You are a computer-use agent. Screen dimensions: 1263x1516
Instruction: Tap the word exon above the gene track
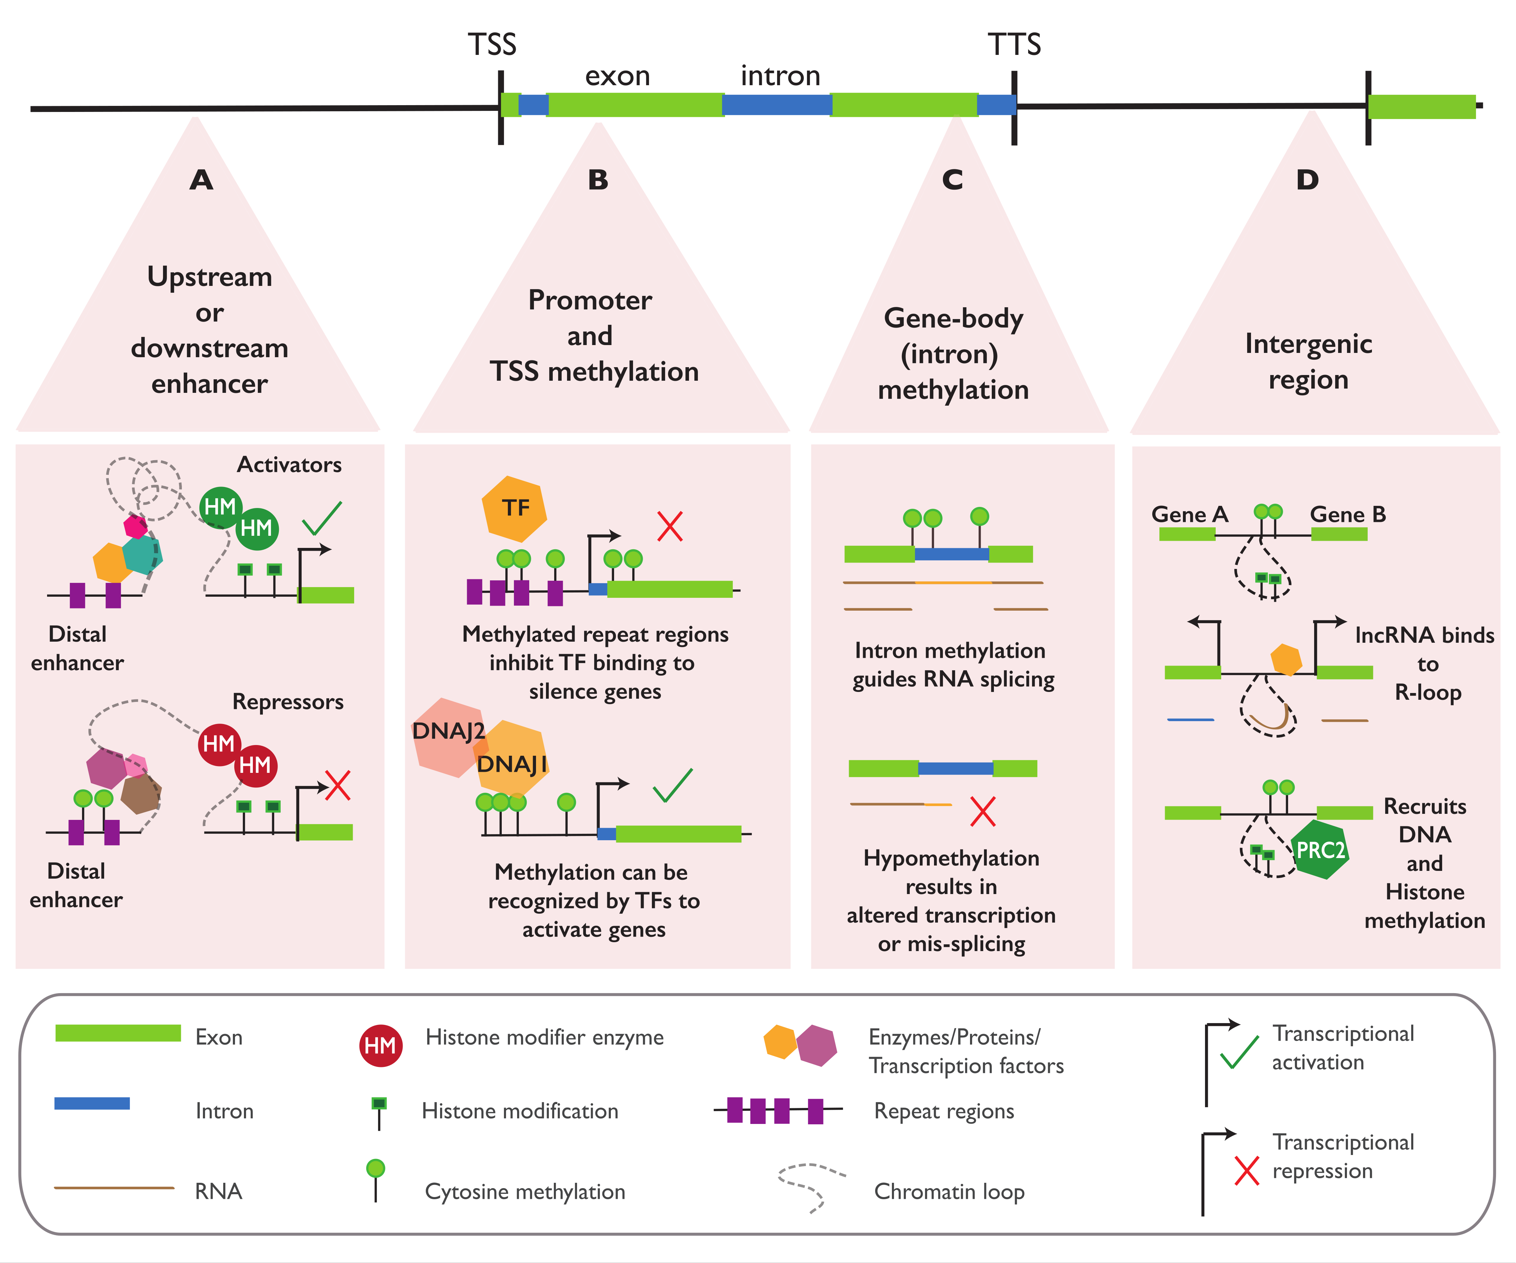coord(617,76)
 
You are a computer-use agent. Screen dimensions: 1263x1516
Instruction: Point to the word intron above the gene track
coord(780,76)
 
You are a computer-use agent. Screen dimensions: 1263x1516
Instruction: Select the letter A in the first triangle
coord(201,180)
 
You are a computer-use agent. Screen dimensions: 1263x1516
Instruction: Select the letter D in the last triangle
coord(1307,180)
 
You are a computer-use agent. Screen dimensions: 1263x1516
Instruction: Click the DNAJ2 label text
coord(448,731)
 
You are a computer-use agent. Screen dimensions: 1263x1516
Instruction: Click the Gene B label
coord(1348,515)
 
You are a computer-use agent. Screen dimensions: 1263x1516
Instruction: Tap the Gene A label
coord(1189,515)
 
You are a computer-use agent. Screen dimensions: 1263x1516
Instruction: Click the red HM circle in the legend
coord(381,1045)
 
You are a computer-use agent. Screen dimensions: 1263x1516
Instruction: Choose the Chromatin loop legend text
coord(949,1192)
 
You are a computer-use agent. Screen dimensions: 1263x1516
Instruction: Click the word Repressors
coord(287,702)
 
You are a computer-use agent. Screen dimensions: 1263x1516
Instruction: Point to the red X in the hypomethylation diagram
coord(982,811)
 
